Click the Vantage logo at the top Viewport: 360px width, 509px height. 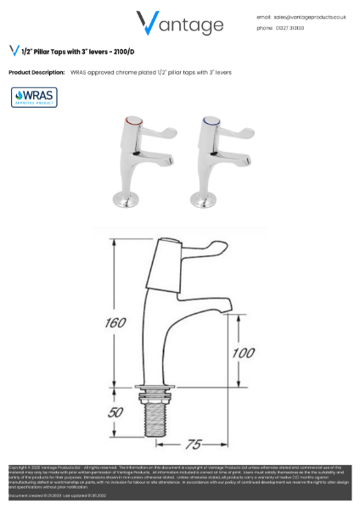(180, 23)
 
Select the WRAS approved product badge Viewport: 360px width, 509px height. (34, 97)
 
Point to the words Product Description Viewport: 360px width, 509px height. (37, 73)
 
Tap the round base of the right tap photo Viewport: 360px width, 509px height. (208, 199)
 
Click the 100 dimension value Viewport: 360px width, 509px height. (244, 352)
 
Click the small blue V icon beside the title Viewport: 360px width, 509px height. (14, 51)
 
